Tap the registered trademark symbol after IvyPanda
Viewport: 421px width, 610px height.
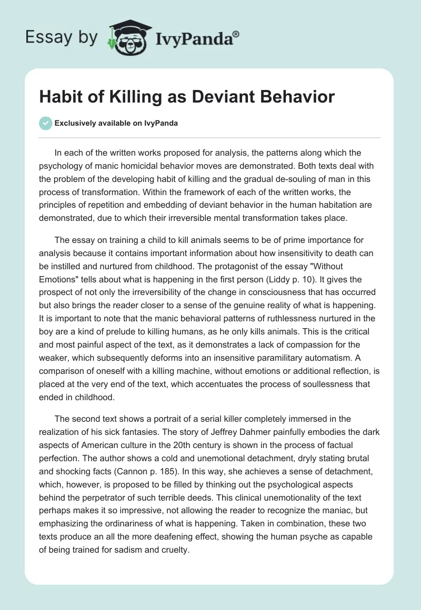click(x=236, y=34)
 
